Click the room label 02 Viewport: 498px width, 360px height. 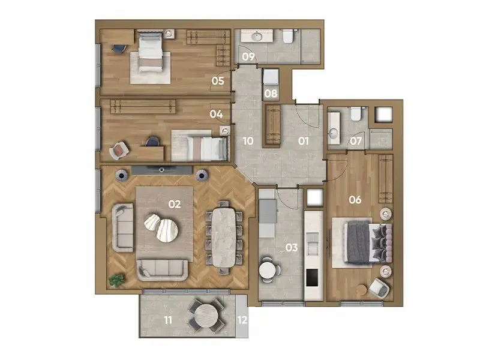pyautogui.click(x=175, y=205)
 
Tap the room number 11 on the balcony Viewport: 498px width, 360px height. pyautogui.click(x=168, y=320)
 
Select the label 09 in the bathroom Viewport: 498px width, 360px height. pyautogui.click(x=248, y=57)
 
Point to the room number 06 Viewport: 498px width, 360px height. pyautogui.click(x=355, y=200)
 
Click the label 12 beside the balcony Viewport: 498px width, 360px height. pyautogui.click(x=242, y=320)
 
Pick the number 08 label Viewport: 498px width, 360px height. pyautogui.click(x=271, y=94)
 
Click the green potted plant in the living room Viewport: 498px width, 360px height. pyautogui.click(x=116, y=280)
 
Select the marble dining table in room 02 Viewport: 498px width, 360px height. pyautogui.click(x=224, y=238)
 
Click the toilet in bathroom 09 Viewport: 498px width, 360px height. pyautogui.click(x=288, y=35)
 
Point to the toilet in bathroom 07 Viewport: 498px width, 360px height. pyautogui.click(x=355, y=114)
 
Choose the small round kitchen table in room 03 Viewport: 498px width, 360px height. pyautogui.click(x=269, y=270)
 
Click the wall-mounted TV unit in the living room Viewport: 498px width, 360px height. pyautogui.click(x=162, y=170)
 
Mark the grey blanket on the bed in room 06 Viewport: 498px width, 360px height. pyautogui.click(x=359, y=243)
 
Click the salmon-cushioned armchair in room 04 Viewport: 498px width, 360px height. pyautogui.click(x=119, y=151)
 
